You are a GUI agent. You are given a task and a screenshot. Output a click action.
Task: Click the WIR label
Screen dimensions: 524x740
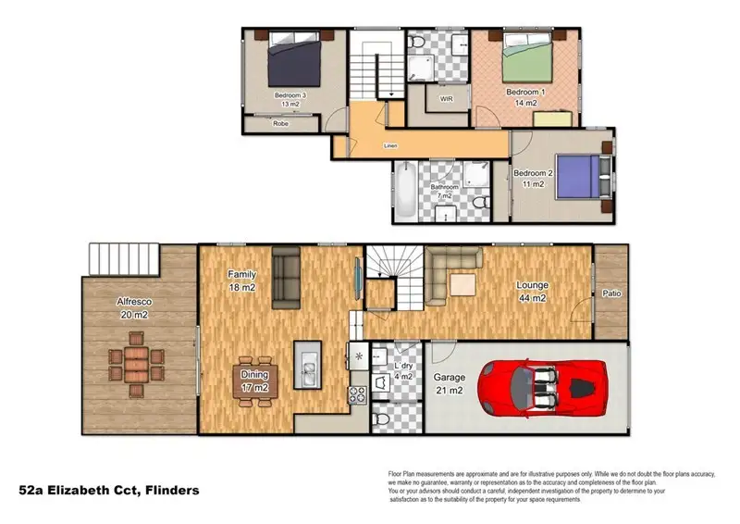pyautogui.click(x=446, y=98)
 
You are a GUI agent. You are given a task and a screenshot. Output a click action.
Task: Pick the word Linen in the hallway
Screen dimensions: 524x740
pyautogui.click(x=392, y=146)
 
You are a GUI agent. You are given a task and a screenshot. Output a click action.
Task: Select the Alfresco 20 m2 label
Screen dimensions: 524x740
pyautogui.click(x=133, y=307)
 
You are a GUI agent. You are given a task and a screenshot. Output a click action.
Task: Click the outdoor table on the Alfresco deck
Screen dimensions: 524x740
pyautogui.click(x=136, y=365)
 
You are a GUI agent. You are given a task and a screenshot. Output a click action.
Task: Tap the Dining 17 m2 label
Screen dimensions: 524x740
pyautogui.click(x=254, y=380)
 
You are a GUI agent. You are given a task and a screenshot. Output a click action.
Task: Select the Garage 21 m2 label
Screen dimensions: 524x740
pyautogui.click(x=450, y=384)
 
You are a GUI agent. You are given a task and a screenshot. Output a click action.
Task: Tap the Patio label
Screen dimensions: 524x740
pyautogui.click(x=611, y=293)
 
